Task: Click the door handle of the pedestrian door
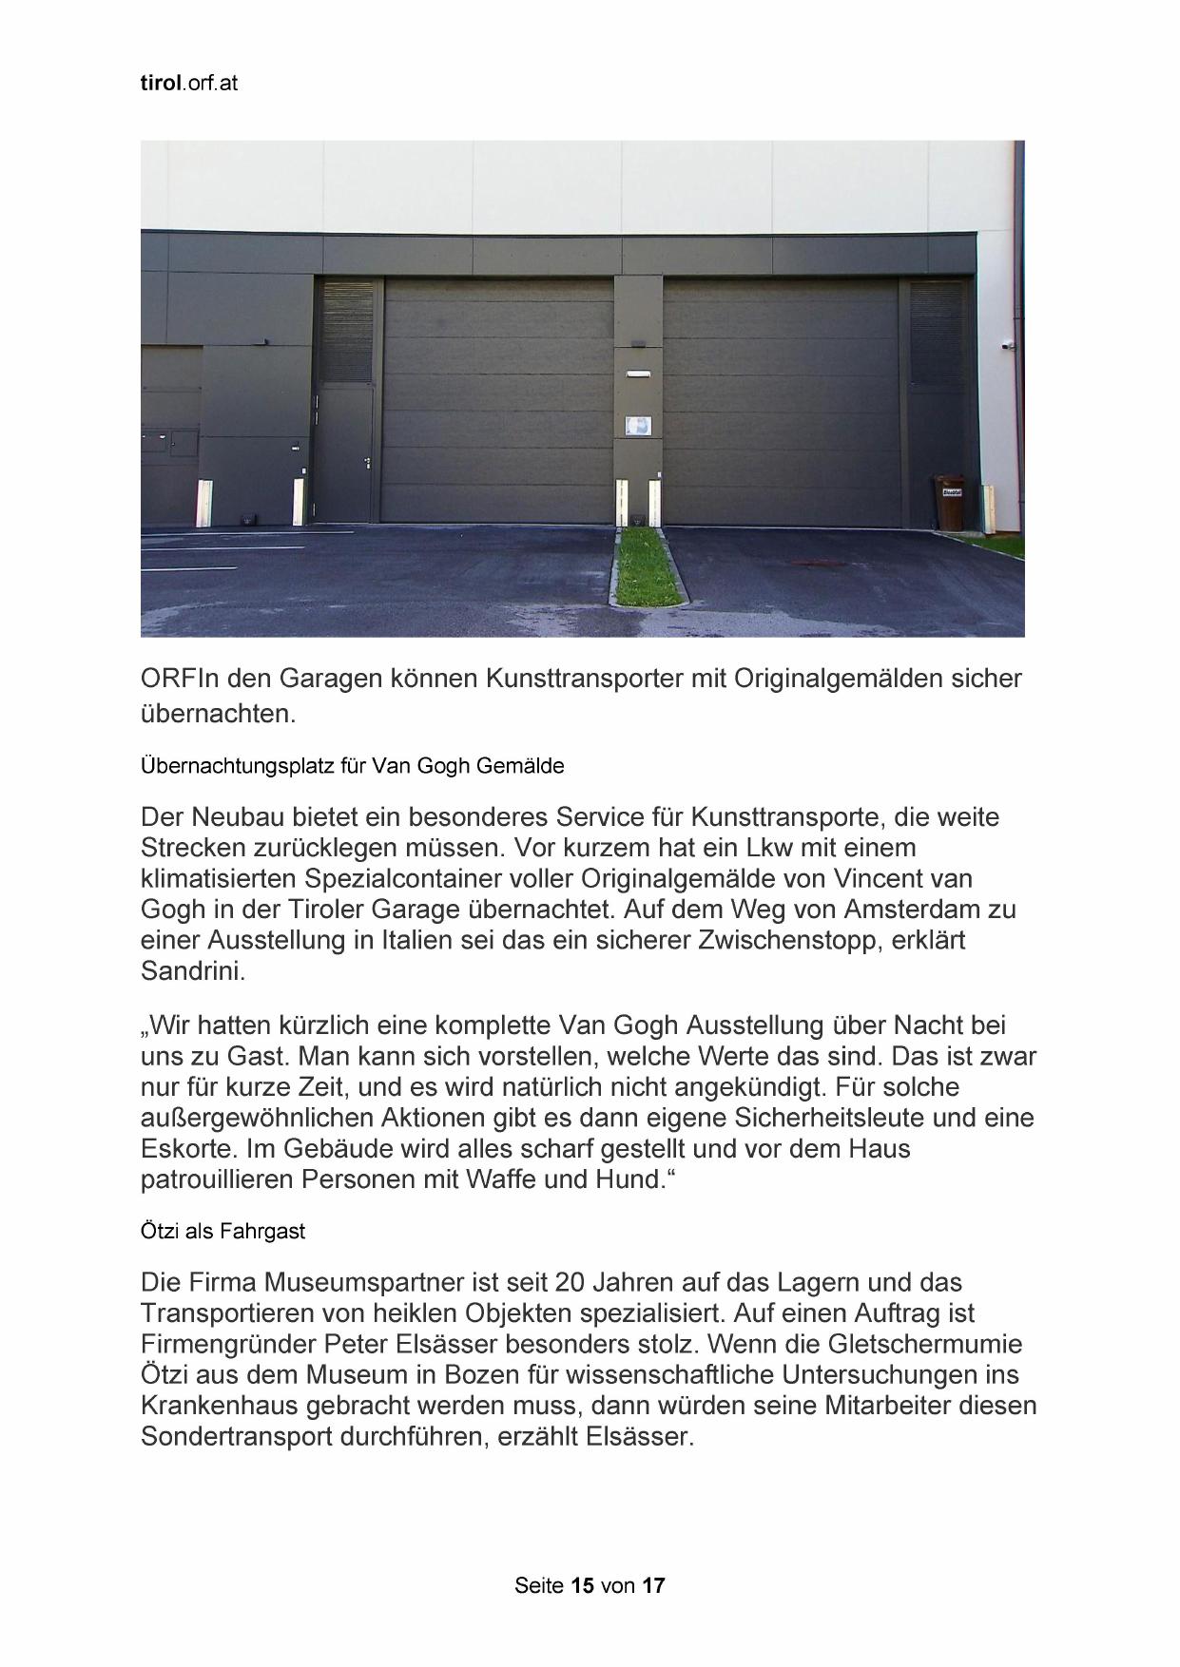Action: point(368,462)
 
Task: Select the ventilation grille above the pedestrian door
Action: point(347,333)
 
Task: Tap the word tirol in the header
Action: point(159,84)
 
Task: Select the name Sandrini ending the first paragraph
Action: point(191,971)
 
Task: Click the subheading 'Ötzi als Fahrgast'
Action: point(222,1231)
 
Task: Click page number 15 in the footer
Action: point(583,1585)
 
